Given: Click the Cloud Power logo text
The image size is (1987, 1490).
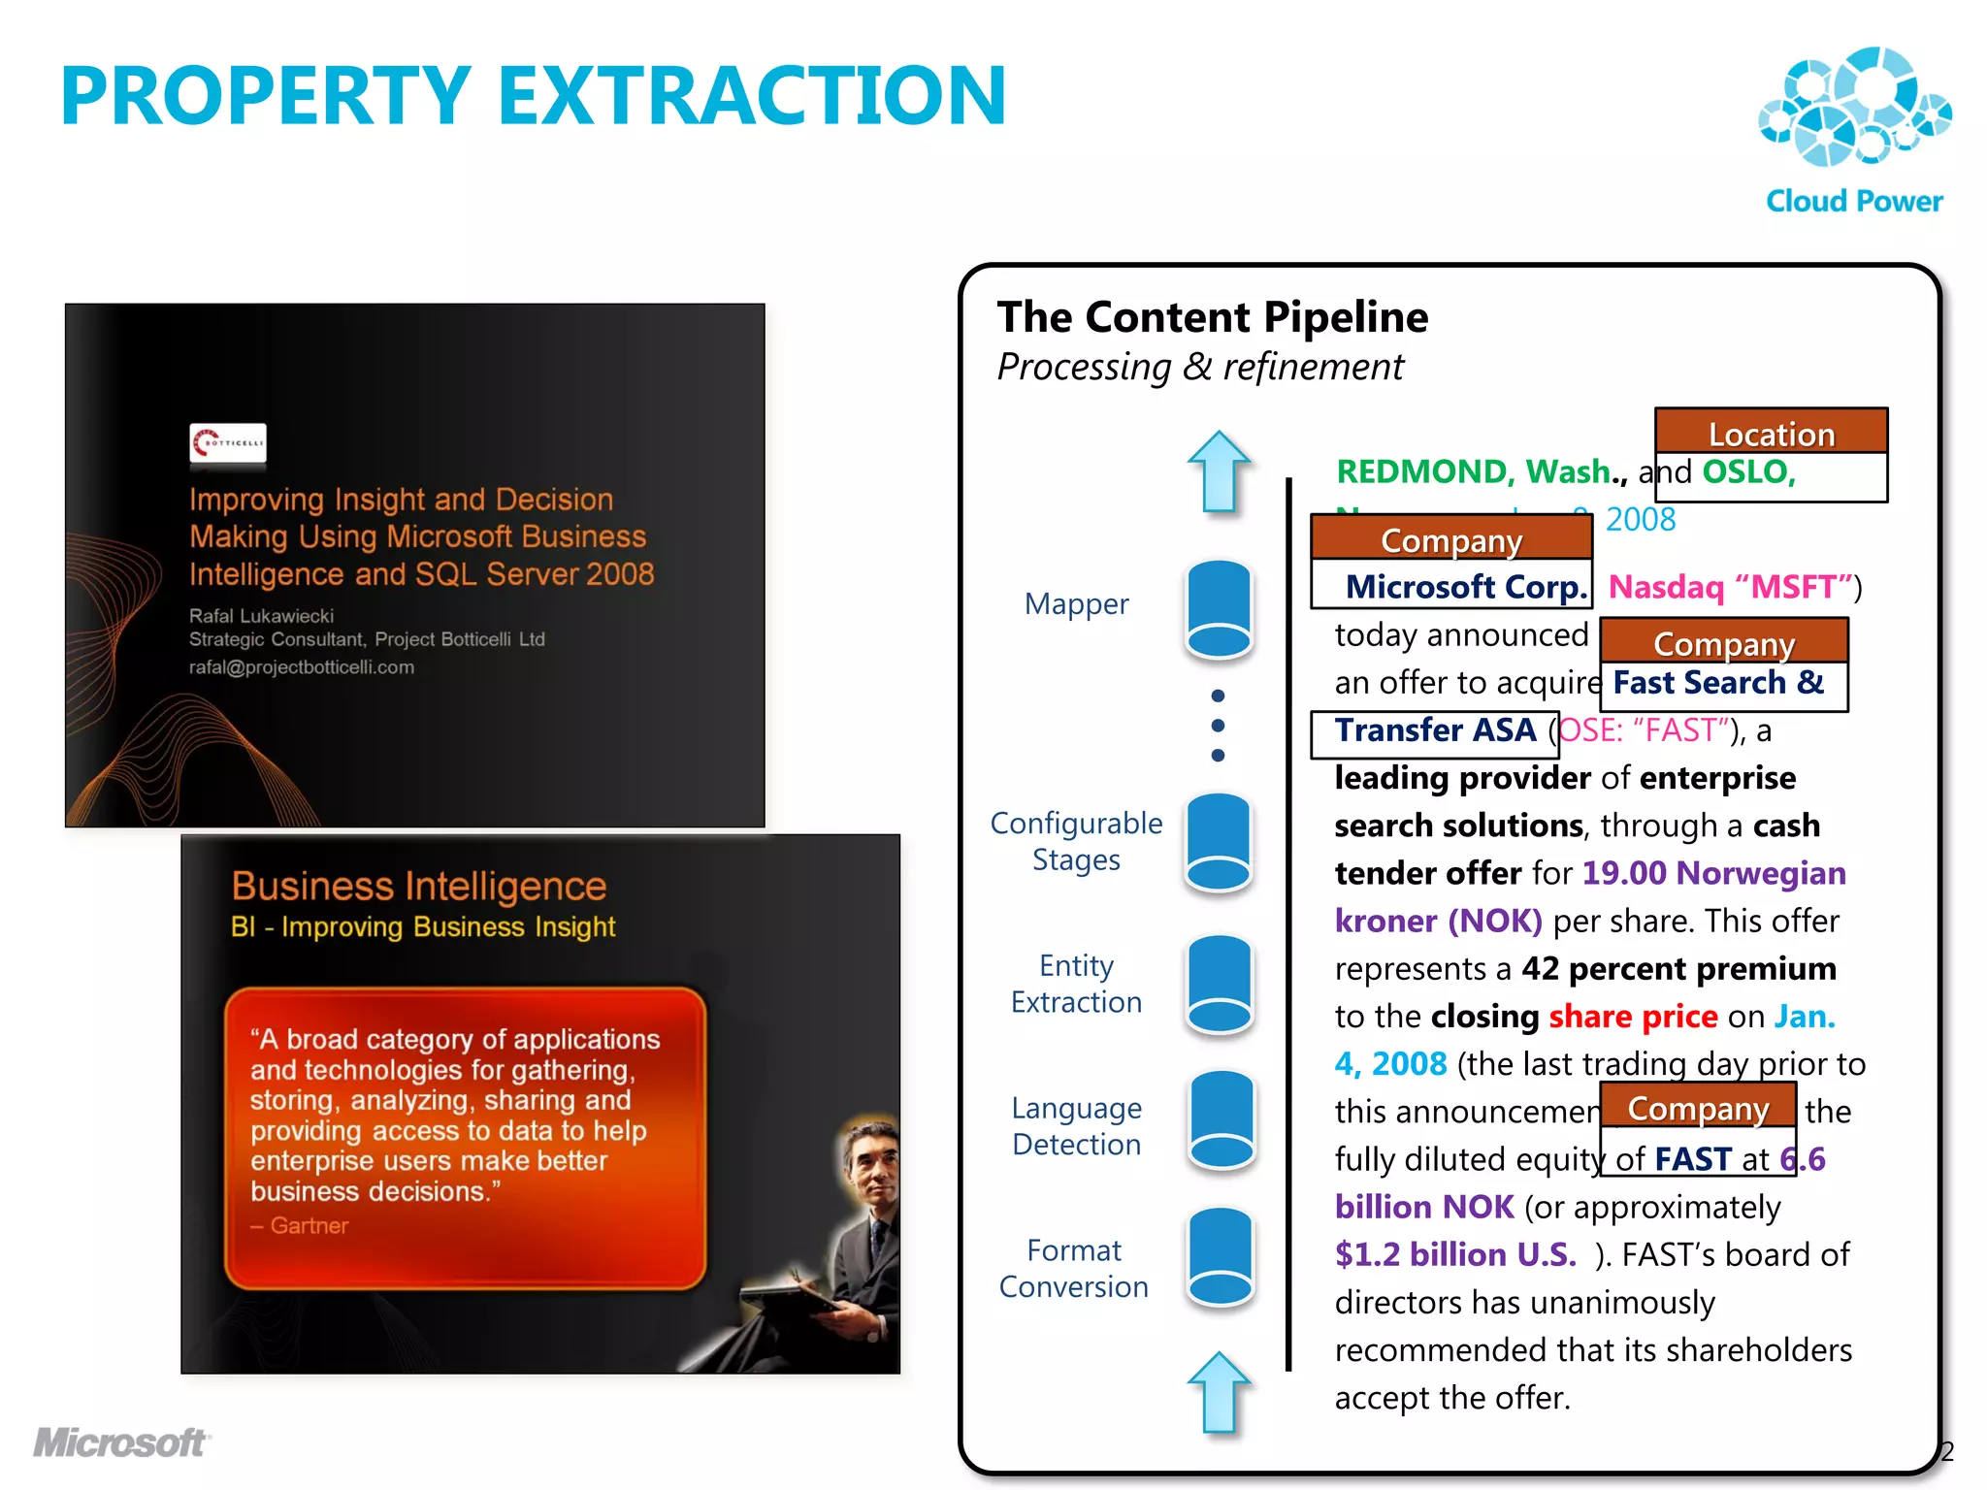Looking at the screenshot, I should coord(1853,201).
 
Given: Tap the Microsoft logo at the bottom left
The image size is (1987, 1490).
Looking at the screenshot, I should coord(120,1442).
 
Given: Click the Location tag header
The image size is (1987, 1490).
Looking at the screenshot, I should coord(1771,433).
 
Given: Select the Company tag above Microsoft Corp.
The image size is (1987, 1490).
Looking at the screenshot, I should coord(1450,539).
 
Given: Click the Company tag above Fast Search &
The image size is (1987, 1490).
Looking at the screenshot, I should coord(1723,642).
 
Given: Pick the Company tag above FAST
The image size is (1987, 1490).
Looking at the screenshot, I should coord(1698,1107).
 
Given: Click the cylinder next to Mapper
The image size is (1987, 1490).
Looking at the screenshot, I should coord(1220,610).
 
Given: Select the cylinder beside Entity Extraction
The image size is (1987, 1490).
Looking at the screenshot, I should coord(1220,984).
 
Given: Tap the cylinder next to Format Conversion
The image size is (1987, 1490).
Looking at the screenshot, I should coord(1220,1257).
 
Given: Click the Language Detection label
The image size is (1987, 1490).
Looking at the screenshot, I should coord(1076,1126).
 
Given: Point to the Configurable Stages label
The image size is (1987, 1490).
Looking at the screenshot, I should coord(1076,841).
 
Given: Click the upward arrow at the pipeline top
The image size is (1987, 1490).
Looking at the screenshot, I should coord(1219,471).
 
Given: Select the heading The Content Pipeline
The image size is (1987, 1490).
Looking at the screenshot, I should coord(1212,317).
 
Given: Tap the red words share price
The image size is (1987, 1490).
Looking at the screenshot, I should coord(1633,1016).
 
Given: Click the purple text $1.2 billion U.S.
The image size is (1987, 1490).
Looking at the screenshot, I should coord(1455,1254).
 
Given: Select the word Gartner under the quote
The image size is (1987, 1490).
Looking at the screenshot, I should coord(308,1225).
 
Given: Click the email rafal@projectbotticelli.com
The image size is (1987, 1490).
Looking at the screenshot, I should coord(301,667).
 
